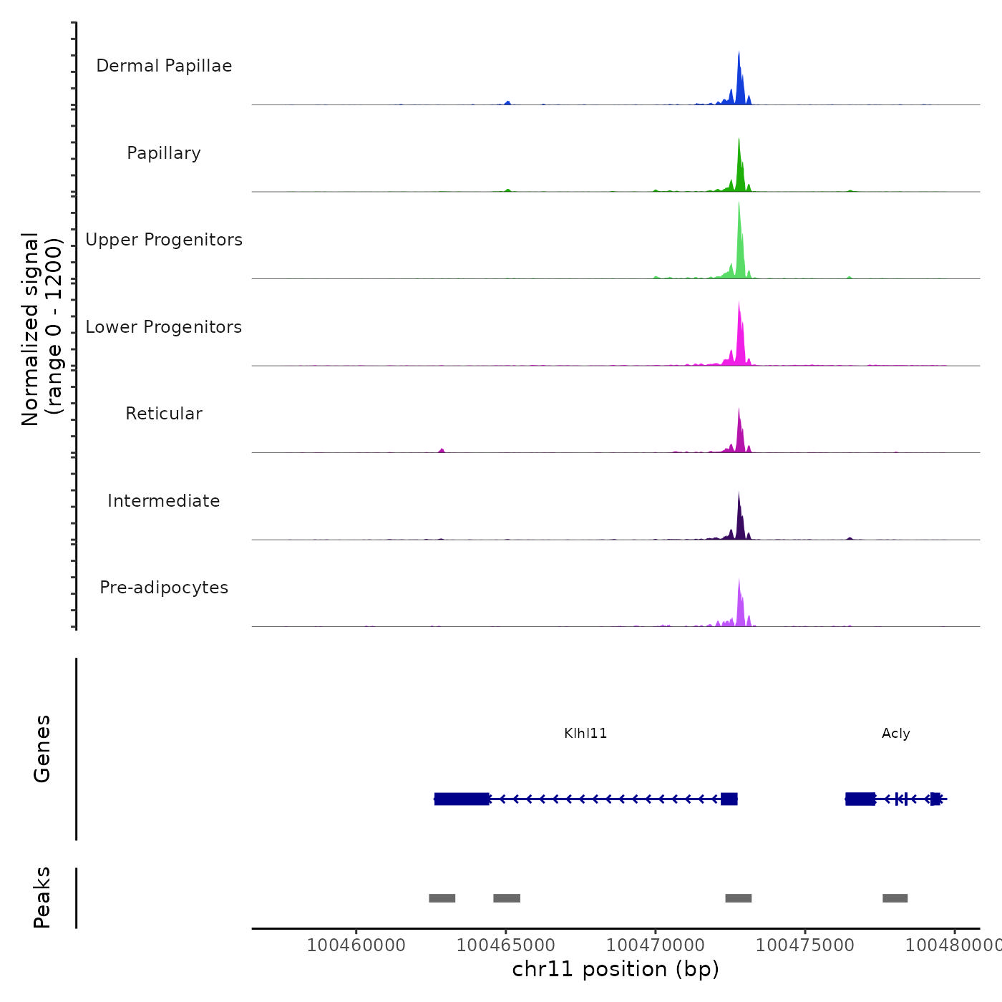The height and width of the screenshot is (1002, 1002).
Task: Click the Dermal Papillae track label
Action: [x=164, y=66]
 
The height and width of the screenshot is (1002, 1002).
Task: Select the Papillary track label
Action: [x=164, y=153]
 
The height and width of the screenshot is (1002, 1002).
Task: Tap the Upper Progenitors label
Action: [x=164, y=240]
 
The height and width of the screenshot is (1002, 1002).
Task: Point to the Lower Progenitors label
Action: [x=164, y=327]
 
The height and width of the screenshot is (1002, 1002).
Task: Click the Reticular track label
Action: [x=164, y=414]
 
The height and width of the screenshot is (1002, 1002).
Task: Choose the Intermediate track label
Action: [x=164, y=501]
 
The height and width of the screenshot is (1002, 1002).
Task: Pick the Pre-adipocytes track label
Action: [x=164, y=588]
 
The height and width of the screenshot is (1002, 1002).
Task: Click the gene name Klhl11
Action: [x=585, y=734]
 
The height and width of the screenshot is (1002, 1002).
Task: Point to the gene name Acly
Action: [x=895, y=734]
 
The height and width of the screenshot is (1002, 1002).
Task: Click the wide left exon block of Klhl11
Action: [x=462, y=799]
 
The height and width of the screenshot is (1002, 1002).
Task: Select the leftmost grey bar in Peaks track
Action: [x=442, y=898]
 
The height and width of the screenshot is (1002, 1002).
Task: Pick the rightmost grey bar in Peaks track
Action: [x=895, y=898]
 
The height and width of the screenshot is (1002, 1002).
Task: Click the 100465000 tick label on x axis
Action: [x=505, y=945]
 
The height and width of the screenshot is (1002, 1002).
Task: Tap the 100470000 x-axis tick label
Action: [x=655, y=945]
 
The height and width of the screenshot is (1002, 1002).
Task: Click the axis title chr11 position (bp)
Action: [x=616, y=969]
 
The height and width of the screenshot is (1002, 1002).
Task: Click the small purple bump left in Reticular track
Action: [x=442, y=450]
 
